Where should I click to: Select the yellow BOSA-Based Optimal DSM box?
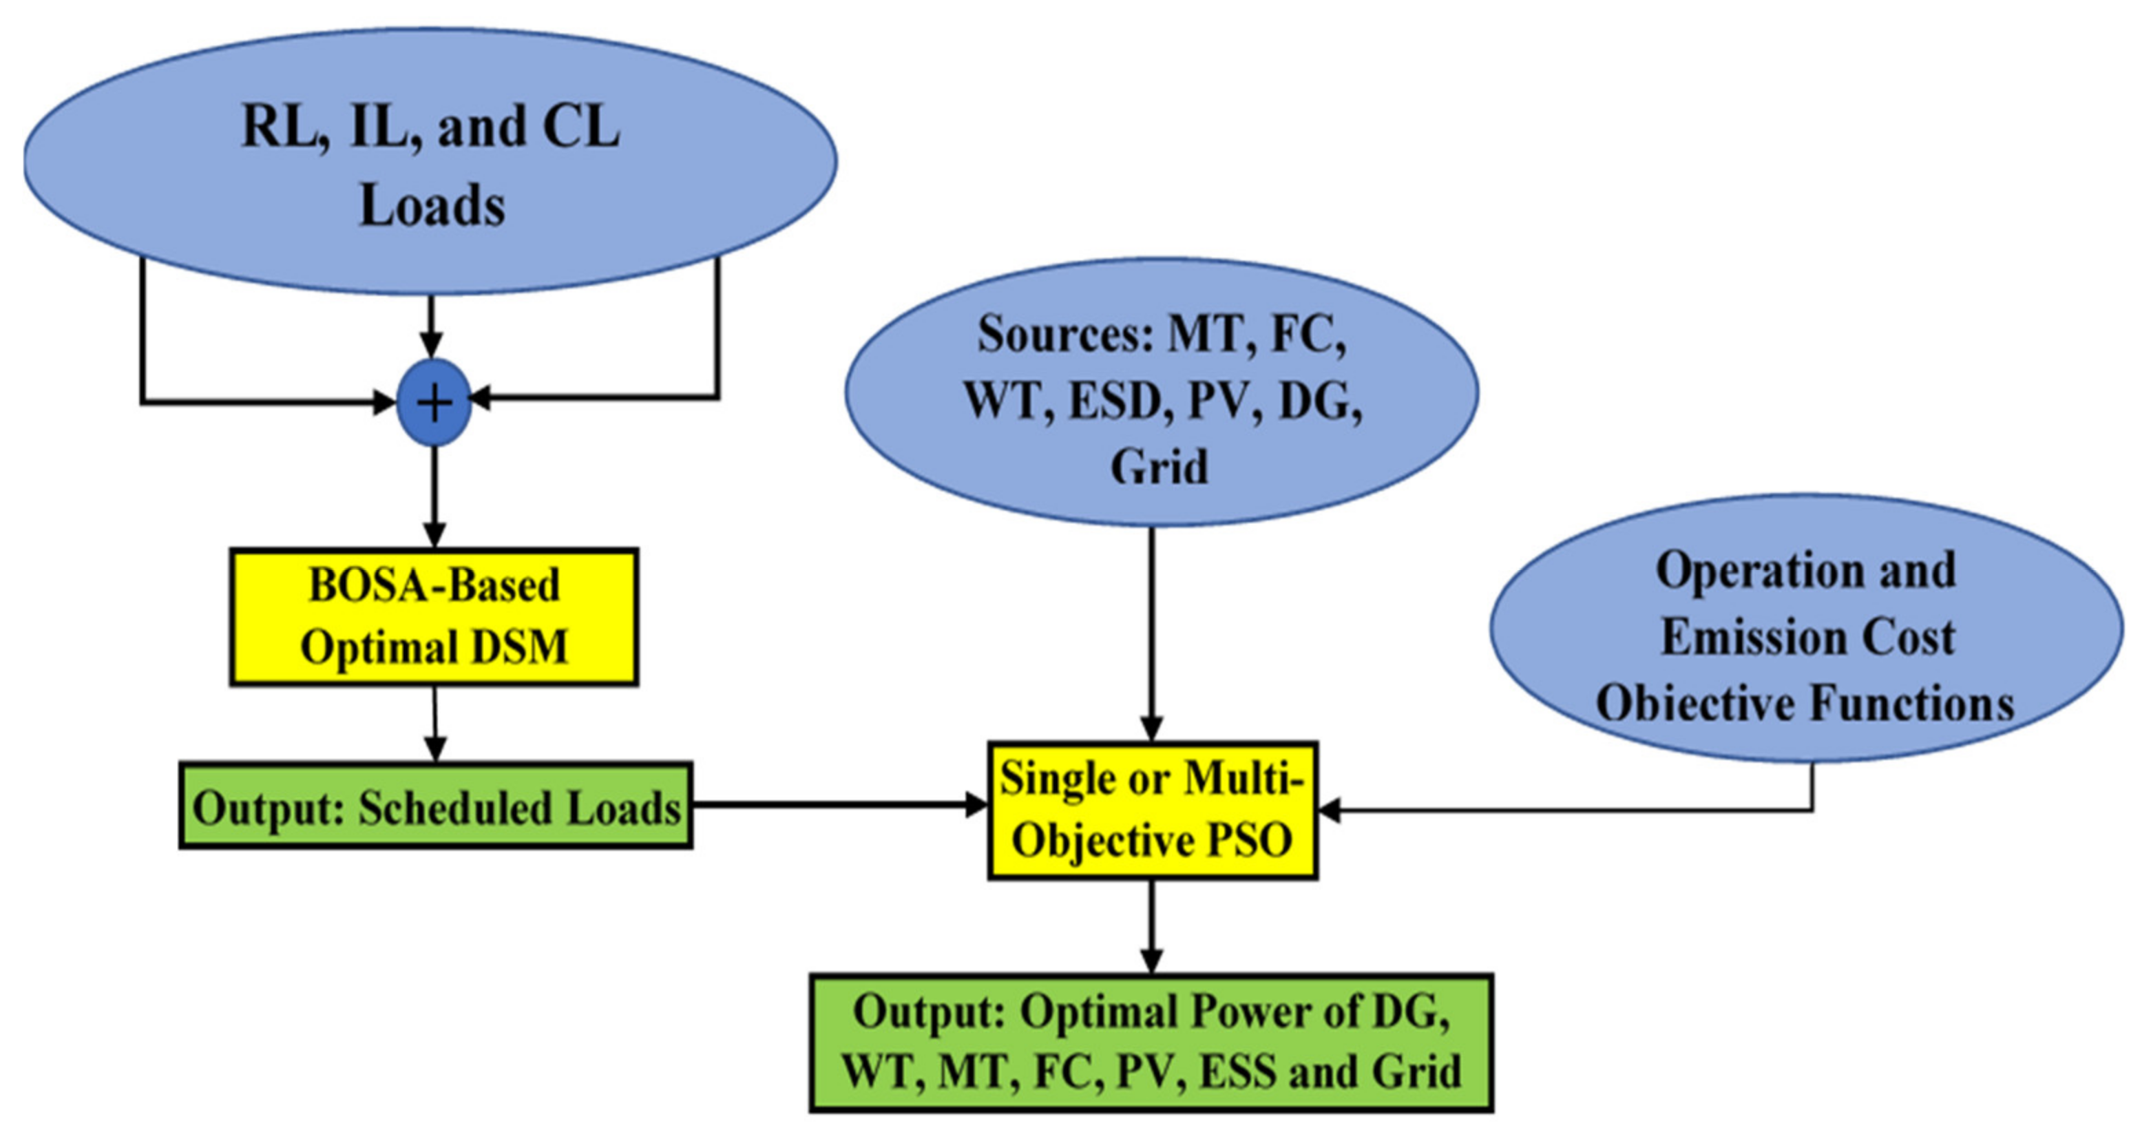[x=434, y=617]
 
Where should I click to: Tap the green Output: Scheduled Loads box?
[x=436, y=806]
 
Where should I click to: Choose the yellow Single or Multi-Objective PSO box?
[x=1153, y=810]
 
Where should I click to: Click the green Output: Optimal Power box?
[x=1151, y=1042]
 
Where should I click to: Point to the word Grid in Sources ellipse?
[x=1158, y=467]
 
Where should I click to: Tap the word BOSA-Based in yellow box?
[x=434, y=585]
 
